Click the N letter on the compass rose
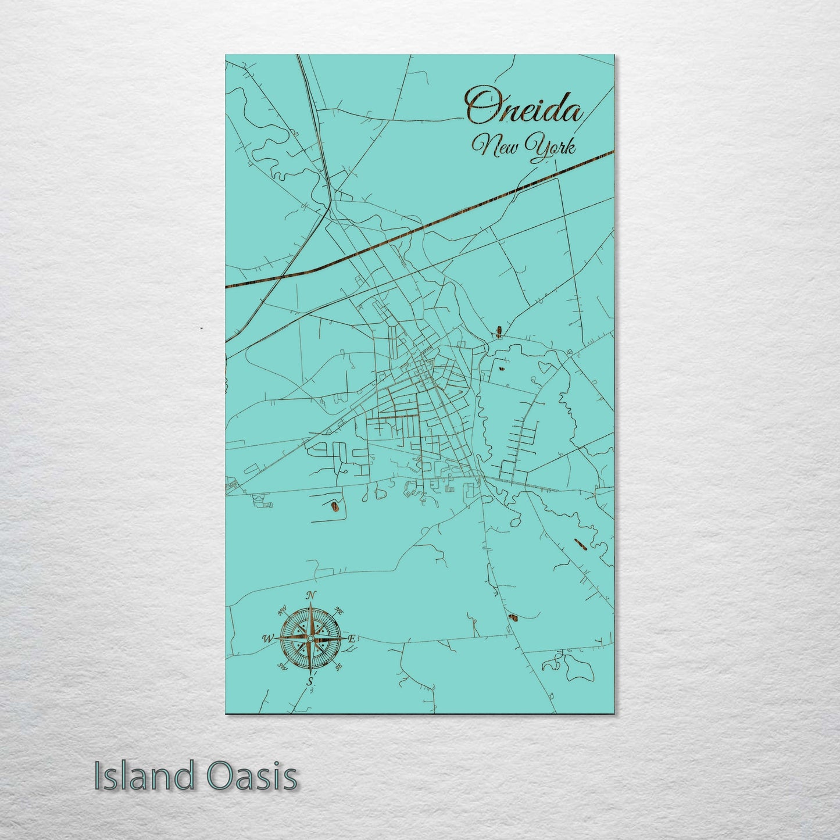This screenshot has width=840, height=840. point(311,595)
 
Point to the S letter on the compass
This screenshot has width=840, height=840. point(310,681)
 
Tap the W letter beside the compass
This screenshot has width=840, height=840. point(268,638)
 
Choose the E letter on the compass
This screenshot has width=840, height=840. point(352,638)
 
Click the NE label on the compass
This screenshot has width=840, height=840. point(339,610)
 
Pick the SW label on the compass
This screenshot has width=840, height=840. point(283,666)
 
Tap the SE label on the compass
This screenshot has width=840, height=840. point(339,666)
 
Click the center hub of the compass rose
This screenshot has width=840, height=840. point(311,638)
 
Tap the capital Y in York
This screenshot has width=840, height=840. point(533,145)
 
